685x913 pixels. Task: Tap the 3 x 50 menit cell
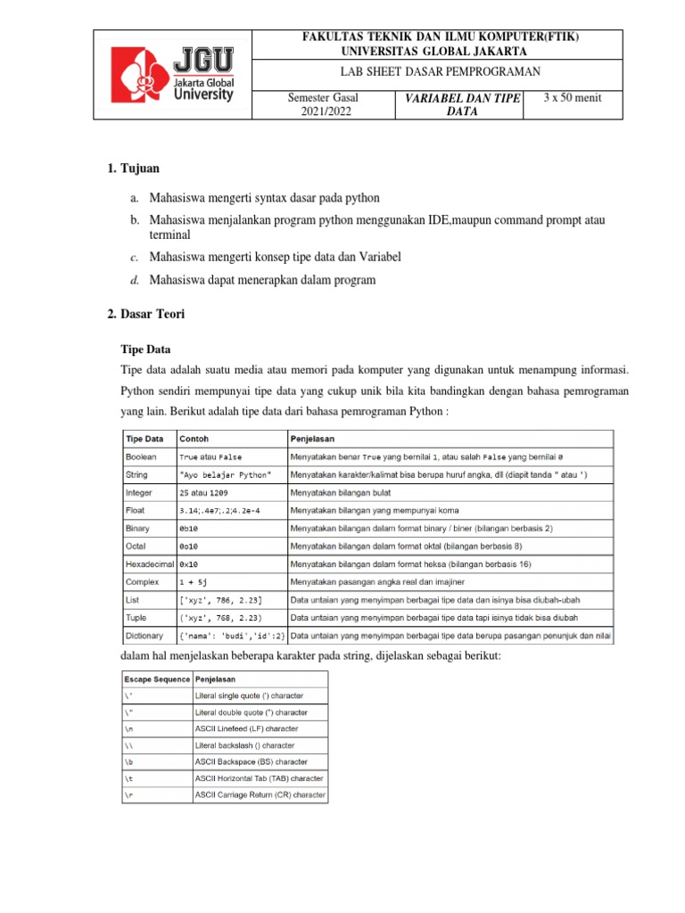(x=572, y=97)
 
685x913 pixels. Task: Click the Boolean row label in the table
(x=141, y=456)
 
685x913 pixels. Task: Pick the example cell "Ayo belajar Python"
(x=227, y=474)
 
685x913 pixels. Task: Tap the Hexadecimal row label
(x=148, y=564)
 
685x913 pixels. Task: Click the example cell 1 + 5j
(x=195, y=582)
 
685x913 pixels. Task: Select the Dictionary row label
(x=144, y=636)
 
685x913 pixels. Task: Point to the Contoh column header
(x=195, y=439)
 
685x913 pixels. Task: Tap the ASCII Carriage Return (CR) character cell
(x=260, y=794)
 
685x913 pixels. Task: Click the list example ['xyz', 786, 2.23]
(x=220, y=600)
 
